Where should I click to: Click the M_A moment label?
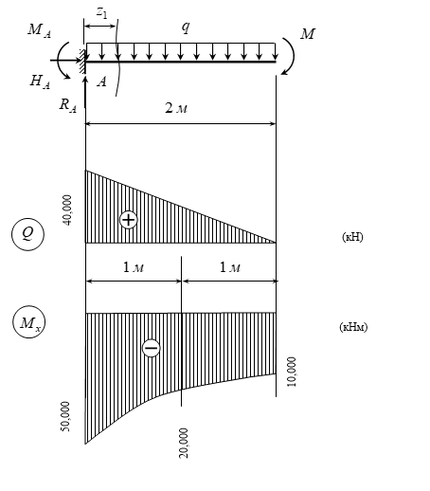[x=39, y=30]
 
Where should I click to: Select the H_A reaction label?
[x=40, y=82]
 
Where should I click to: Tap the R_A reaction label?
[x=68, y=104]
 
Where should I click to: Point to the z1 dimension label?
[x=102, y=12]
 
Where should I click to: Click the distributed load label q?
[x=186, y=27]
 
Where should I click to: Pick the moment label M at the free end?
[x=308, y=34]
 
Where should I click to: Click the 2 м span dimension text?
[x=176, y=108]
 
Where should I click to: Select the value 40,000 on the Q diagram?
[x=67, y=210]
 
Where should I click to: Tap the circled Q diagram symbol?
[x=27, y=234]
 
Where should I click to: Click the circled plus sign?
[x=129, y=220]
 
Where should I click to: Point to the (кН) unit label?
[x=352, y=237]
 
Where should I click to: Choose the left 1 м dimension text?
[x=134, y=267]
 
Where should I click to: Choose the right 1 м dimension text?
[x=230, y=267]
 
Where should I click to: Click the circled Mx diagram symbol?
[x=28, y=322]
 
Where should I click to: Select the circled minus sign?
[x=152, y=348]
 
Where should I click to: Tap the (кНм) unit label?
[x=353, y=327]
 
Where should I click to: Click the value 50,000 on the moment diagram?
[x=65, y=416]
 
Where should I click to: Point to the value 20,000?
[x=184, y=443]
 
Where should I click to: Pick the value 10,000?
[x=292, y=372]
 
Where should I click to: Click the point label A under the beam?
[x=101, y=82]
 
